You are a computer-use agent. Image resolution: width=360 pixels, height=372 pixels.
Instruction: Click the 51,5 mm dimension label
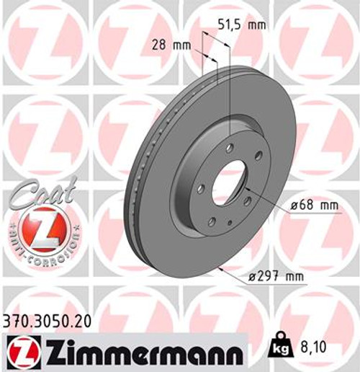point(242,25)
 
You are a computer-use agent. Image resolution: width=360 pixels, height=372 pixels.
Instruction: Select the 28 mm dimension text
point(171,45)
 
